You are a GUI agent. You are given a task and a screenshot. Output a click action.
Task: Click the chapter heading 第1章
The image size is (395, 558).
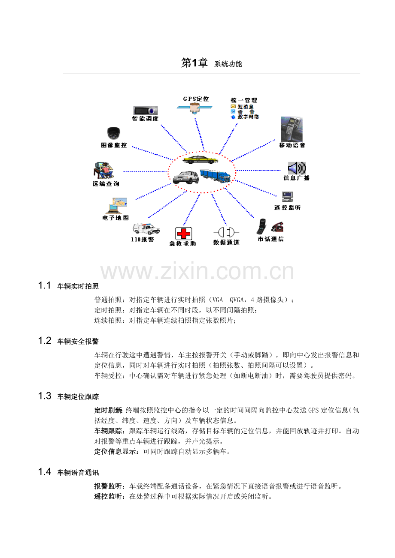pyautogui.click(x=194, y=63)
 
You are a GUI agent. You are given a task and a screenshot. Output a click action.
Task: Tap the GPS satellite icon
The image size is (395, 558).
pyautogui.click(x=194, y=108)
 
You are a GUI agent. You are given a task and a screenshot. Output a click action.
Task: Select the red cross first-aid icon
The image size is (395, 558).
pyautogui.click(x=183, y=234)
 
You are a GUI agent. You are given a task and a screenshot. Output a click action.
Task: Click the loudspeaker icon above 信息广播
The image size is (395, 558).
pyautogui.click(x=296, y=168)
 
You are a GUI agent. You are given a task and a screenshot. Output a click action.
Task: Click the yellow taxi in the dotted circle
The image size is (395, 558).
pyautogui.click(x=200, y=159)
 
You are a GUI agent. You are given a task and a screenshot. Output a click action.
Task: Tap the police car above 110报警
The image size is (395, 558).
pyautogui.click(x=146, y=229)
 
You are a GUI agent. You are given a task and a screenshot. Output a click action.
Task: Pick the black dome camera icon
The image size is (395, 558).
pyautogui.click(x=113, y=133)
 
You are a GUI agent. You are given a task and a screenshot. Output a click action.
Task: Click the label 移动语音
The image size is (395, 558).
pyautogui.click(x=292, y=145)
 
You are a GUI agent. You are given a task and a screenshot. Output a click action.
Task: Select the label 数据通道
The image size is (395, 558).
pyautogui.click(x=226, y=243)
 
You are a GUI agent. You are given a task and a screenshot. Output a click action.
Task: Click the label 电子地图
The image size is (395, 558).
pyautogui.click(x=115, y=218)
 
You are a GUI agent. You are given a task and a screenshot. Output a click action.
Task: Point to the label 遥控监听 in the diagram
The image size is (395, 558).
pyautogui.click(x=288, y=207)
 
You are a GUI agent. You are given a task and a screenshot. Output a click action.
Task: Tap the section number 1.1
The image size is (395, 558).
pyautogui.click(x=44, y=285)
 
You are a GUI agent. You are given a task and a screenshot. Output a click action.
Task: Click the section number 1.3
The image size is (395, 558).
pyautogui.click(x=44, y=396)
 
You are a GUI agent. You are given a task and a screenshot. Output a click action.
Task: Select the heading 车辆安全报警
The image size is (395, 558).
pyautogui.click(x=78, y=341)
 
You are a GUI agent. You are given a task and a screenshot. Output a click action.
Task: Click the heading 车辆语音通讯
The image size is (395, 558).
pyautogui.click(x=78, y=472)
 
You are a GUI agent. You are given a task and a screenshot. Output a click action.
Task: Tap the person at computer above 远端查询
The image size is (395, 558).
pyautogui.click(x=103, y=171)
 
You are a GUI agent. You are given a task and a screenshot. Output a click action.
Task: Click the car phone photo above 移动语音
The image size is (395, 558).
pyautogui.click(x=292, y=129)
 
